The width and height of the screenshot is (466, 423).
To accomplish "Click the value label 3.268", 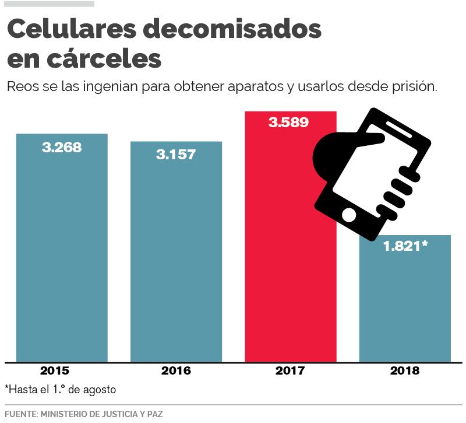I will [62, 147].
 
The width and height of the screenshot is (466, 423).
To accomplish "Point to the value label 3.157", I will [176, 155].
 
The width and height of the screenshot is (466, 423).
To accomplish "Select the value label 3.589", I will [288, 123].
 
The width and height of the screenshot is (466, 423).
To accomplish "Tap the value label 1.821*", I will [405, 246].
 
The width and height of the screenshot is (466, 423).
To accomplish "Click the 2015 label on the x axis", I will [55, 370].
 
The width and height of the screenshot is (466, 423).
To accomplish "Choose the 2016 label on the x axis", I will [176, 370].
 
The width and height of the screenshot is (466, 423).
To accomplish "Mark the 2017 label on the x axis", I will [290, 370].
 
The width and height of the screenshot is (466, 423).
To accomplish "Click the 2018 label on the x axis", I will [405, 370].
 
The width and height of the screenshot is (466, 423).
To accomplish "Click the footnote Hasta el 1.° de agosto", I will [61, 389].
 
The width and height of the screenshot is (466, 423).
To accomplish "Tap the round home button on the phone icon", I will [349, 215].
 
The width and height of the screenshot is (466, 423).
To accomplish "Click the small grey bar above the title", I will [50, 4].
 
